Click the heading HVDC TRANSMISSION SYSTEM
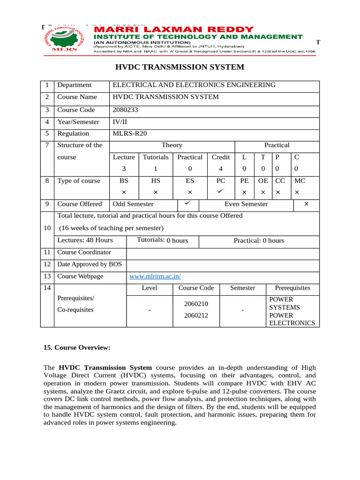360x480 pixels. coord(180,67)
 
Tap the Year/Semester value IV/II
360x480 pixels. coord(120,122)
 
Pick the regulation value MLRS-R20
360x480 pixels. coord(130,134)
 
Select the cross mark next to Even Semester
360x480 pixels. coord(306,204)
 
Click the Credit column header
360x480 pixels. coord(220,157)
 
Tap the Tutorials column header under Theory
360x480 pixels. coord(155,157)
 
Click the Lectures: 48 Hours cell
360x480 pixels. coord(85,240)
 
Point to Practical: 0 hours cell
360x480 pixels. coord(259,240)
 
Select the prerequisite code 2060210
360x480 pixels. coord(196,304)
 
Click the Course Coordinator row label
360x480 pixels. coord(84,252)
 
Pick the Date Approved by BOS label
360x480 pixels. coord(89,264)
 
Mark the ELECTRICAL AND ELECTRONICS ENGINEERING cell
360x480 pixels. coord(194,85)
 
